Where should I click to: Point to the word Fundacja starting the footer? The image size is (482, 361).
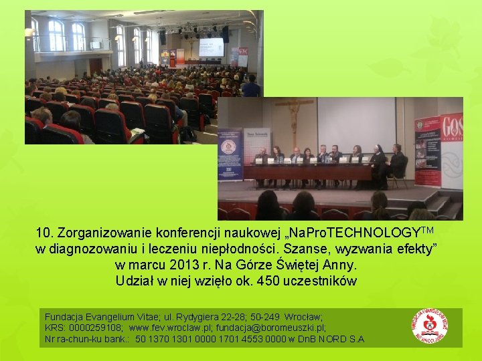pyautogui.click(x=64, y=316)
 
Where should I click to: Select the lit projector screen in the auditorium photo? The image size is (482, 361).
pyautogui.click(x=211, y=47)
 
